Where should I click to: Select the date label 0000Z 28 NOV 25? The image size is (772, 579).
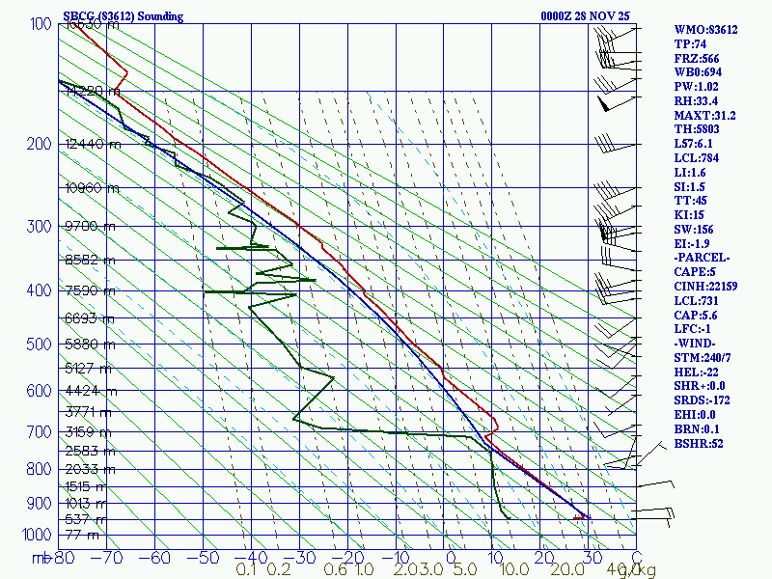586,15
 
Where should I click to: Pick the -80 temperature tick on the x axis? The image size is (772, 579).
64,557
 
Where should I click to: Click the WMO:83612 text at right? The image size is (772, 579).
705,30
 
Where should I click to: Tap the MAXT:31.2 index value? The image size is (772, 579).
704,116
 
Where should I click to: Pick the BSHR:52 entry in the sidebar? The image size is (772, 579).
700,444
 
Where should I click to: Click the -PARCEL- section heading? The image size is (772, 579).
703,258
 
